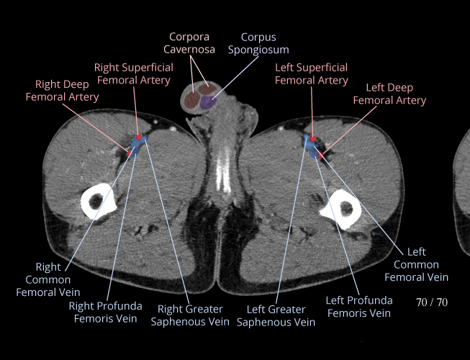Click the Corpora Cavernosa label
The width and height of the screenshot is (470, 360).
click(191, 43)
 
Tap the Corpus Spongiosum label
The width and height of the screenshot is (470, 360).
click(258, 43)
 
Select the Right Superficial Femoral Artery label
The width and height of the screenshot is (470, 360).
click(135, 73)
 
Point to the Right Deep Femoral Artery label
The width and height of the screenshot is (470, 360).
click(63, 91)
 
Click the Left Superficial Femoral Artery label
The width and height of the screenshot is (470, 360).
click(312, 73)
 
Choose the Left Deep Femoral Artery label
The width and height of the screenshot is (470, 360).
click(389, 94)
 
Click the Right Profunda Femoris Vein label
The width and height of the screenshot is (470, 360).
click(106, 312)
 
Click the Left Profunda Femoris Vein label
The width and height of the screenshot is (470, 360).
click(359, 306)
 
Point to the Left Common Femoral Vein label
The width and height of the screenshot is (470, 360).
click(416, 264)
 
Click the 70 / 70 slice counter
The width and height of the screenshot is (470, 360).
click(432, 302)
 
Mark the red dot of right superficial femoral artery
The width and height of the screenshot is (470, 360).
click(137, 135)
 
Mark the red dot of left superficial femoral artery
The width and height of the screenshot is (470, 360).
click(313, 137)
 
